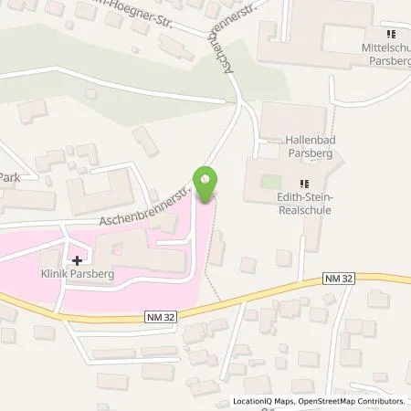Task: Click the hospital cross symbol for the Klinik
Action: pos(76,259)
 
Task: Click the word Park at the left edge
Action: pos(9,178)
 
